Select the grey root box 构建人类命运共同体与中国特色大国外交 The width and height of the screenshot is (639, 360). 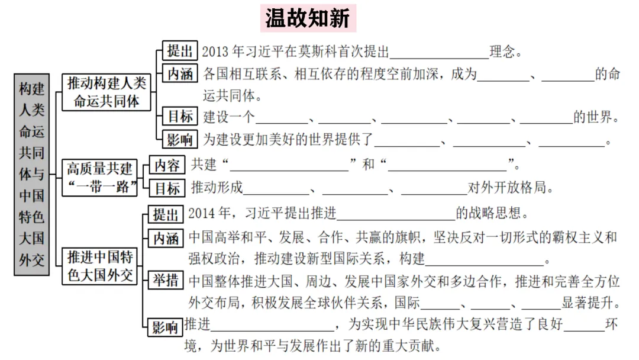tap(31, 174)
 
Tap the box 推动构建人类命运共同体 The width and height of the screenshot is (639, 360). tap(106, 92)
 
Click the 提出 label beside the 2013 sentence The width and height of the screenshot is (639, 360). tap(180, 50)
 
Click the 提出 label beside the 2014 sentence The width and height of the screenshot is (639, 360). tap(166, 214)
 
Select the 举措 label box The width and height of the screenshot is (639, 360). tap(166, 279)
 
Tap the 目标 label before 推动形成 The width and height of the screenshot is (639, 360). tap(167, 188)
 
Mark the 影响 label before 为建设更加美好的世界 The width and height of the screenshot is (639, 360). tap(180, 140)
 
